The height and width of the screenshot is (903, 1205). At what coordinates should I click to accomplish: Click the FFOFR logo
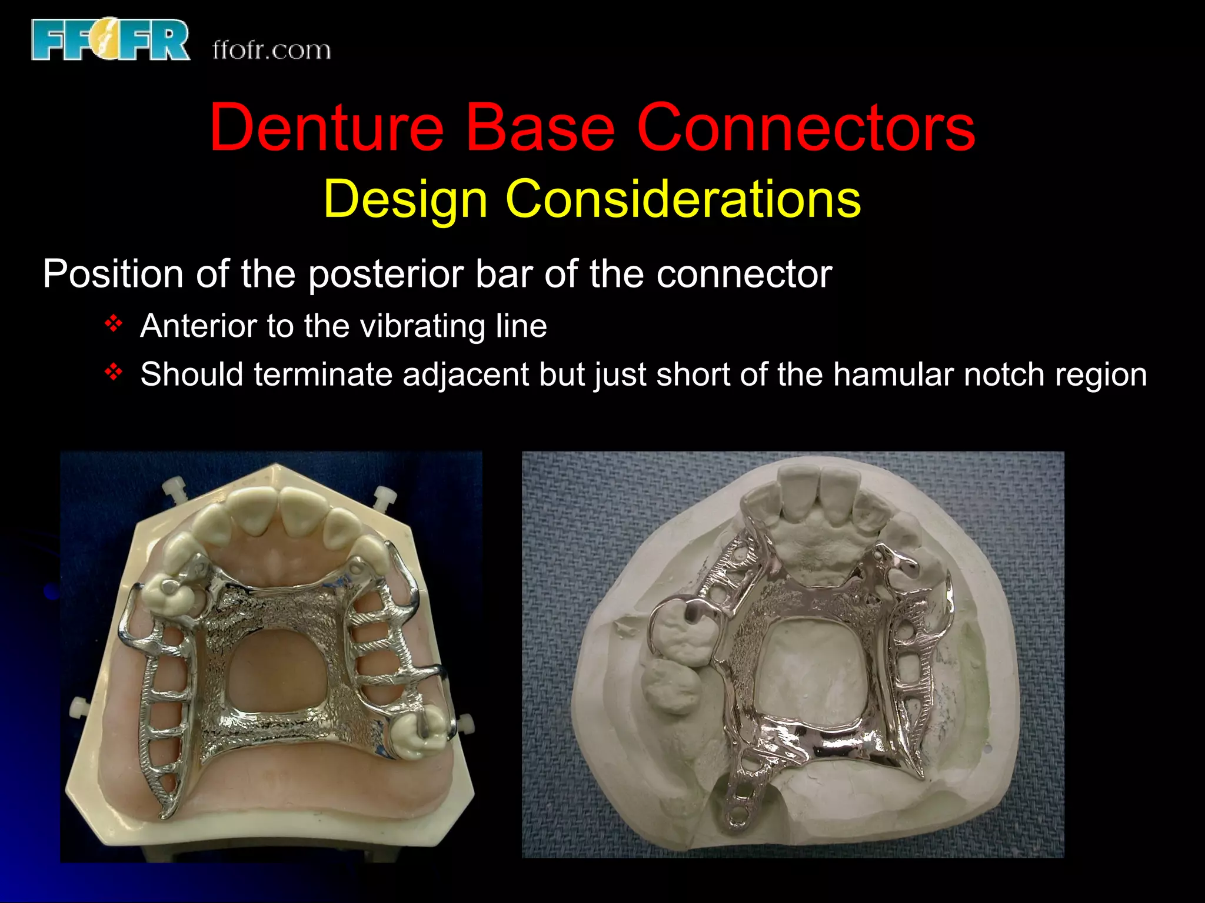tap(111, 39)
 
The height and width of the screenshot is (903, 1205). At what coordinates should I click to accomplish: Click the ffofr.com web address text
tap(271, 51)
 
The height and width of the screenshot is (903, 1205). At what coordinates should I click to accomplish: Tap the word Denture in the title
tap(327, 128)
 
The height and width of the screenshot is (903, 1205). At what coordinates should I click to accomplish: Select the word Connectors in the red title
tap(805, 128)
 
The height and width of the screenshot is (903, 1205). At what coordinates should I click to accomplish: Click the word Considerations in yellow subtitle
tap(683, 199)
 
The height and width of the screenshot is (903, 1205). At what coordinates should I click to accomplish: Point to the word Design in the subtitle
tap(405, 199)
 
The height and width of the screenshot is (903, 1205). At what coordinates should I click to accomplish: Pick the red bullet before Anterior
tap(113, 323)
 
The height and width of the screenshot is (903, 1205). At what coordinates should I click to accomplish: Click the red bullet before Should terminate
tap(113, 372)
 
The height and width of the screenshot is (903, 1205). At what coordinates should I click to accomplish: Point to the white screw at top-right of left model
tap(385, 497)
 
